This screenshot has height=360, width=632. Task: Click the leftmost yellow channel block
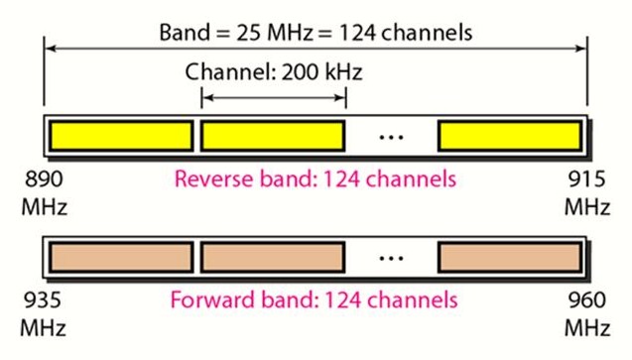coord(121,136)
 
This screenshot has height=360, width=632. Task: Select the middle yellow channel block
coord(272,136)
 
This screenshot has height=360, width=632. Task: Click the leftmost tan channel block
coord(121,257)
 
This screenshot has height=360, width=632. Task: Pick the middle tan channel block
coord(272,257)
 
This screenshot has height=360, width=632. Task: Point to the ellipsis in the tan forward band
coord(392,258)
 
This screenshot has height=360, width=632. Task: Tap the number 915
coord(586,182)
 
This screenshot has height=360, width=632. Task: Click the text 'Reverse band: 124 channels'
coord(316,180)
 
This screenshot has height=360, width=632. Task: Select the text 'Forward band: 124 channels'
coord(316,300)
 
